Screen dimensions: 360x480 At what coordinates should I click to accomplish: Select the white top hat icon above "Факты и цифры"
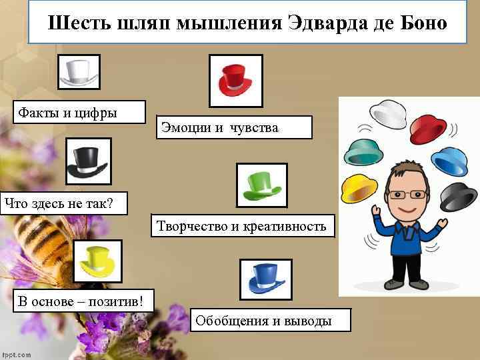(79, 71)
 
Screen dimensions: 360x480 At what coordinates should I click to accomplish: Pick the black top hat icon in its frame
(87, 161)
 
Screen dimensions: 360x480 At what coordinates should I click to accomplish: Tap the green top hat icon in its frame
(262, 185)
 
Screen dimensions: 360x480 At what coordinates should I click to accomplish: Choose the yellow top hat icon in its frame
(97, 262)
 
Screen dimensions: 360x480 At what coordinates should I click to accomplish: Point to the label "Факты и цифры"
(67, 112)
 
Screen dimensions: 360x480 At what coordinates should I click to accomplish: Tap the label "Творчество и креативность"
(241, 227)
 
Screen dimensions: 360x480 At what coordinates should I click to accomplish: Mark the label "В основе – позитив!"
(81, 301)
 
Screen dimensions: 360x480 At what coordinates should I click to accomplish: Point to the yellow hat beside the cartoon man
(359, 190)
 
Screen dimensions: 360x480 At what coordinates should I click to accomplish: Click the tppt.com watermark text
(16, 355)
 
